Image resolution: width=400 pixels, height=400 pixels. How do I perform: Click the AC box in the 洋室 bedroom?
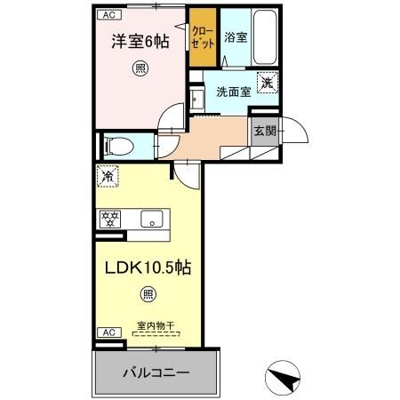109,15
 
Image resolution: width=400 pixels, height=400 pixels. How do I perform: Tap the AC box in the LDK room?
109,332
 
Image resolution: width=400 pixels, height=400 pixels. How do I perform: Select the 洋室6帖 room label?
140,42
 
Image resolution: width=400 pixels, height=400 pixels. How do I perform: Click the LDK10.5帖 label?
148,268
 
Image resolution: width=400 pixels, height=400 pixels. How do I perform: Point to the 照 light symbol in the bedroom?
140,68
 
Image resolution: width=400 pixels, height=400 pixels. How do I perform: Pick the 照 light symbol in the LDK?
148,294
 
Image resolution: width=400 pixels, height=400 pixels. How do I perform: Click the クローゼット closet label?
203,37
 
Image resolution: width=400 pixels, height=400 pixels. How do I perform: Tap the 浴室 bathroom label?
236,37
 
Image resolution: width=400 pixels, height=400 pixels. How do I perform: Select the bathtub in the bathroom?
266,37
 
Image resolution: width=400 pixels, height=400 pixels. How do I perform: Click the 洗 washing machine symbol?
268,83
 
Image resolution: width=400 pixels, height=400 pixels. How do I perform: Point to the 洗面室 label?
234,92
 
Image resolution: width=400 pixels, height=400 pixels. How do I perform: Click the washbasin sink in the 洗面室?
196,100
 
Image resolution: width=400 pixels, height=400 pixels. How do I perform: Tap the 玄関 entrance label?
265,131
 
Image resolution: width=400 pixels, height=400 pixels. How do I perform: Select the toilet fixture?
119,146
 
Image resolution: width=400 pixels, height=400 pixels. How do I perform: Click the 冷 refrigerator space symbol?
108,176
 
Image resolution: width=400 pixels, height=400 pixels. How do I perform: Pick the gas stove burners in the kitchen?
109,219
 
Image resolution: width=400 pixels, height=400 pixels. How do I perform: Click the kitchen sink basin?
152,219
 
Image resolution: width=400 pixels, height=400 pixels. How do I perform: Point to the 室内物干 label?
156,326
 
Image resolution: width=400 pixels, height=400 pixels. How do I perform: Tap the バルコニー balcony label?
156,372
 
